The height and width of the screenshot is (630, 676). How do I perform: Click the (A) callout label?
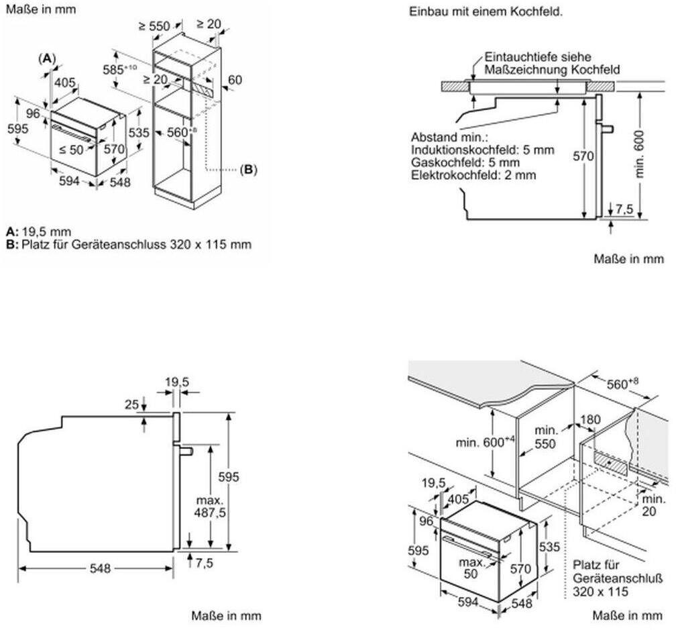click(x=47, y=58)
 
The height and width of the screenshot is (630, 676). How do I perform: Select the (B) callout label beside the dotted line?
click(x=248, y=170)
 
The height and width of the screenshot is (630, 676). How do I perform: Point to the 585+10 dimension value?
click(x=119, y=69)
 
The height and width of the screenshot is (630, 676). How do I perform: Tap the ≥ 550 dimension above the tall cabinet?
click(x=154, y=26)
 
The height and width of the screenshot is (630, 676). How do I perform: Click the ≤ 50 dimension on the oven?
click(x=71, y=150)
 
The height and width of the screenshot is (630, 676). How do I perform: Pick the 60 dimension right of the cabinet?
click(x=235, y=80)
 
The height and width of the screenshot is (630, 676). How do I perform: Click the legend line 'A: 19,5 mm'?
click(x=39, y=232)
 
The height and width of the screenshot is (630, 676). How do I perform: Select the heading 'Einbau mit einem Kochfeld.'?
click(x=486, y=11)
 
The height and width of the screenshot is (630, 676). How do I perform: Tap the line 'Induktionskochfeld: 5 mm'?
click(x=482, y=150)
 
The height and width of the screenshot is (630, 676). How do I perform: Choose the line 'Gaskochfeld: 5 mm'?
click(x=465, y=162)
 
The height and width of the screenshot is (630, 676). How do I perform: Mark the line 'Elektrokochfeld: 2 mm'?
click(x=473, y=175)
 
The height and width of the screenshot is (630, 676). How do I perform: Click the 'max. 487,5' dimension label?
click(x=211, y=507)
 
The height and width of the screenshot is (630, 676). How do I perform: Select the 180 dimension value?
click(x=590, y=419)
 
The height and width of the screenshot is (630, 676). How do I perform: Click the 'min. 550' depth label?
click(x=546, y=437)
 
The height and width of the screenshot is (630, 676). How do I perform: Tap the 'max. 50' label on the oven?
click(x=471, y=568)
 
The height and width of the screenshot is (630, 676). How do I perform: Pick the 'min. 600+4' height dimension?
click(x=486, y=442)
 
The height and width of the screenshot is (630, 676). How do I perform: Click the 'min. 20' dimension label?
click(x=654, y=505)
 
